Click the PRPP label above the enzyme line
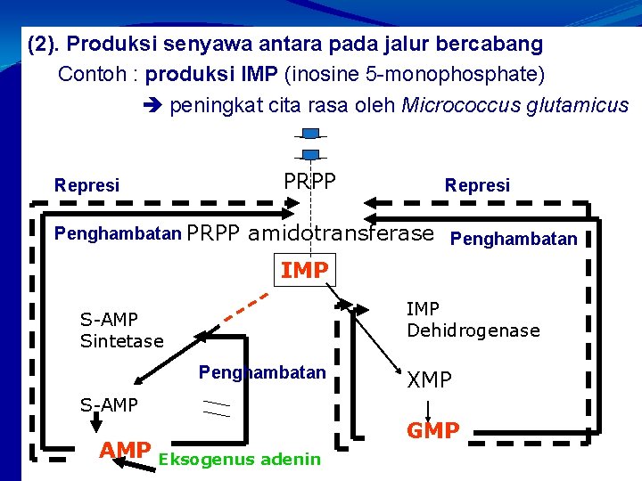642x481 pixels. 309,181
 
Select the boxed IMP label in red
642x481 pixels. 305,270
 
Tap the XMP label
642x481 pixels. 430,380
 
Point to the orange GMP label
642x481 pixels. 433,431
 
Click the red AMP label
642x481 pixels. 124,451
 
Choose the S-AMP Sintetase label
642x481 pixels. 121,330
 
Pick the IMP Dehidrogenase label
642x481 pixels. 473,320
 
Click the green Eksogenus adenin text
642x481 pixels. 239,460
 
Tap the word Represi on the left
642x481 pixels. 86,186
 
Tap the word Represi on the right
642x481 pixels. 478,185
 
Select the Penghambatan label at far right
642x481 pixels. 514,239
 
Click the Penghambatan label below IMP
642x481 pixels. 262,372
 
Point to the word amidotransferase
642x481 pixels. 342,234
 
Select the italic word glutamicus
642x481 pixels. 578,106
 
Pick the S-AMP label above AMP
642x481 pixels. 109,405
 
